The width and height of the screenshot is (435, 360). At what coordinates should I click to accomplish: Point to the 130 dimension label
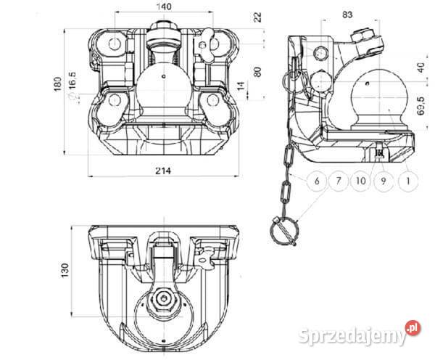(x=65, y=269)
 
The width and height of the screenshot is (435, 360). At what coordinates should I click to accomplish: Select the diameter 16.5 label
(x=73, y=94)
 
